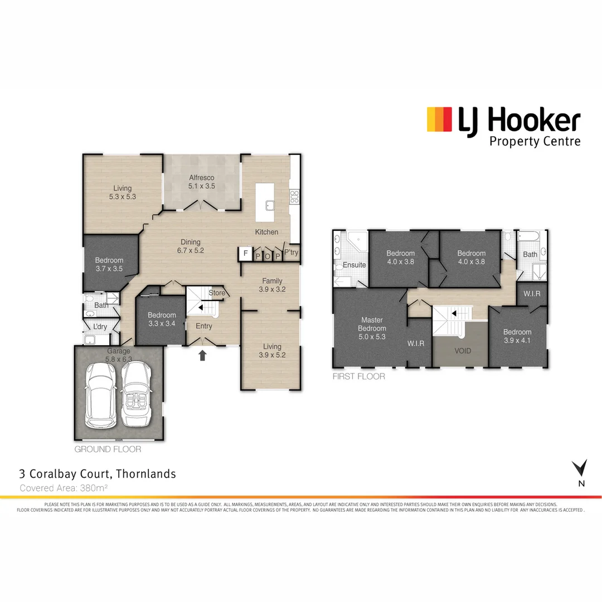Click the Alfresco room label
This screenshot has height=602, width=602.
201,182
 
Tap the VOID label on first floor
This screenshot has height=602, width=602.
463,351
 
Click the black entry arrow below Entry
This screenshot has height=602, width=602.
202,355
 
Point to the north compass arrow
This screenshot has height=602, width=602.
580,468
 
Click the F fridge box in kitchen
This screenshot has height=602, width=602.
245,254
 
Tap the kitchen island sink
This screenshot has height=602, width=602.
270,205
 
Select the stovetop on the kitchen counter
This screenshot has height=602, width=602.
294,196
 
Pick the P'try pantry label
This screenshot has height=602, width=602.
291,253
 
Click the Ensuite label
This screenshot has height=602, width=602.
355,265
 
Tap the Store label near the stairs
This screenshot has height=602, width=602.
217,293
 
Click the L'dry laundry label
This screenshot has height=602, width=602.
100,326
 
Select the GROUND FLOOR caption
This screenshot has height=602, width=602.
108,449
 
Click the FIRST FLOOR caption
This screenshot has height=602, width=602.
358,376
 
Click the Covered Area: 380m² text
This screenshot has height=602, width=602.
63,488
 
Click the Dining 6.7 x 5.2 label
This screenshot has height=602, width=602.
191,246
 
